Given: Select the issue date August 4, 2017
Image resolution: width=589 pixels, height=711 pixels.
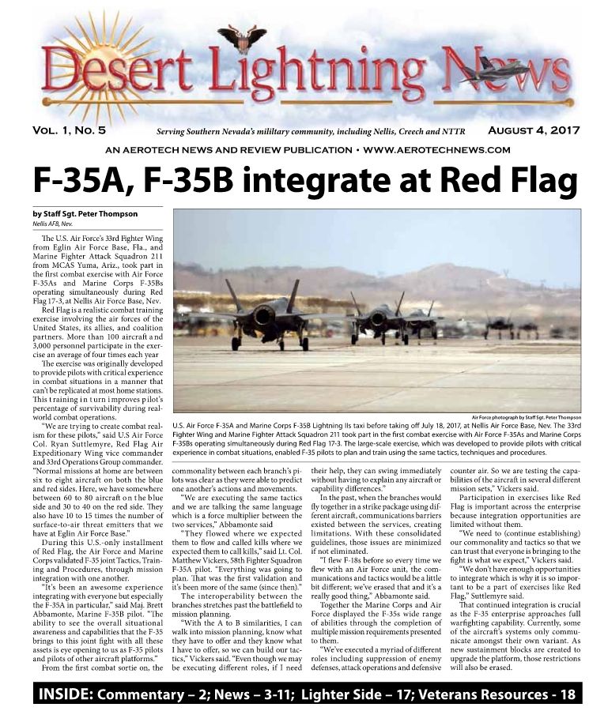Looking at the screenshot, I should (x=534, y=130).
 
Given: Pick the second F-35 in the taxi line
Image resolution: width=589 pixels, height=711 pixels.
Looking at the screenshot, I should (x=377, y=318).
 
